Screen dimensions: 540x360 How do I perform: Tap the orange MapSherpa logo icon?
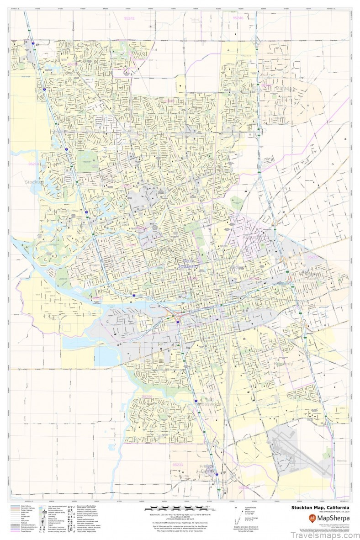click(312, 518)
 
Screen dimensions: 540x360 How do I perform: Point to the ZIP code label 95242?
click(129, 18)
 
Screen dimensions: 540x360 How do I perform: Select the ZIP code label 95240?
click(238, 18)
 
